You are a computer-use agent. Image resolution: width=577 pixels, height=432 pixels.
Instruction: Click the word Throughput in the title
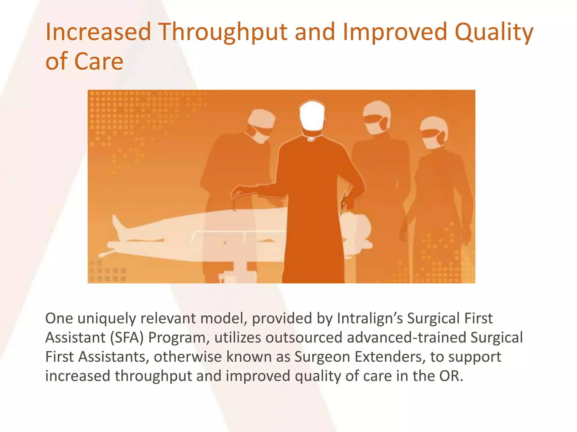click(223, 32)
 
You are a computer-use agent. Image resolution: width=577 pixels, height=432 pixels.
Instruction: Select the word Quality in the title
click(494, 32)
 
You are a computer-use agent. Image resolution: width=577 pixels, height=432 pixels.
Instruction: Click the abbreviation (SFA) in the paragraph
click(127, 337)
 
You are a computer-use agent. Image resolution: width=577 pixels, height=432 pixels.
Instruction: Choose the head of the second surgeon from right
click(376, 118)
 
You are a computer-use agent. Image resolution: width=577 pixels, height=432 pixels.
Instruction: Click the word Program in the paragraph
click(178, 338)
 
